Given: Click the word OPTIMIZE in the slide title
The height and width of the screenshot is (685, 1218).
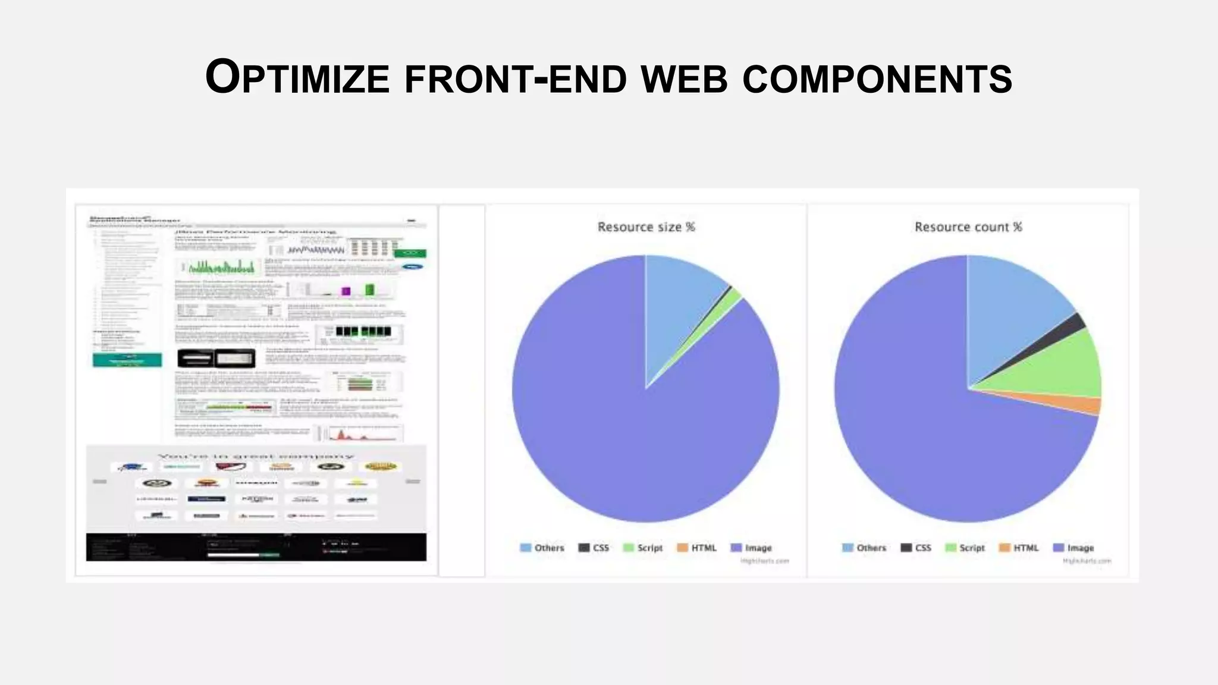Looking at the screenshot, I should point(297,78).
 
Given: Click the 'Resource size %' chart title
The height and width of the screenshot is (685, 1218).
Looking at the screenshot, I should point(646,227).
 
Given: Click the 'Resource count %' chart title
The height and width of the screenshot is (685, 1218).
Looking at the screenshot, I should point(968,227).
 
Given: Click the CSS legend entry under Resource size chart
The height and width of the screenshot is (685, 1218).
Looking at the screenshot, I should point(594,548).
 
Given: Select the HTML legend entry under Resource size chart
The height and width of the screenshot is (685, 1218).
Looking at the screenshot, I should point(697,548).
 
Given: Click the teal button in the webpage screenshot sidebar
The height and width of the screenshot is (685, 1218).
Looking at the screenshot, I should point(127,360).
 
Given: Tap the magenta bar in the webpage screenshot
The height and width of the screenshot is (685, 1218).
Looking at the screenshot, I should point(346,291).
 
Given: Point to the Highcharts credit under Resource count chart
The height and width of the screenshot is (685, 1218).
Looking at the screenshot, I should point(1087,561).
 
